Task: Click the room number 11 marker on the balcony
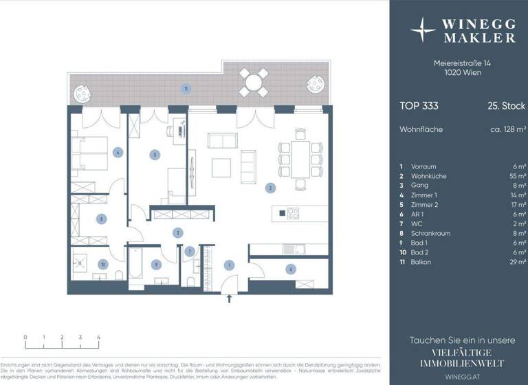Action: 184,88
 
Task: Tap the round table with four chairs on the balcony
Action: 254,83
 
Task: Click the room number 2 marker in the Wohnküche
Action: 271,187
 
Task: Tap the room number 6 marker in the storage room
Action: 291,269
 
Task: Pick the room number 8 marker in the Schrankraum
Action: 101,219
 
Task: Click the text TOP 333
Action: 419,106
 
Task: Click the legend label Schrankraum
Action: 431,233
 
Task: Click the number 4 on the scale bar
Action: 98,338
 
